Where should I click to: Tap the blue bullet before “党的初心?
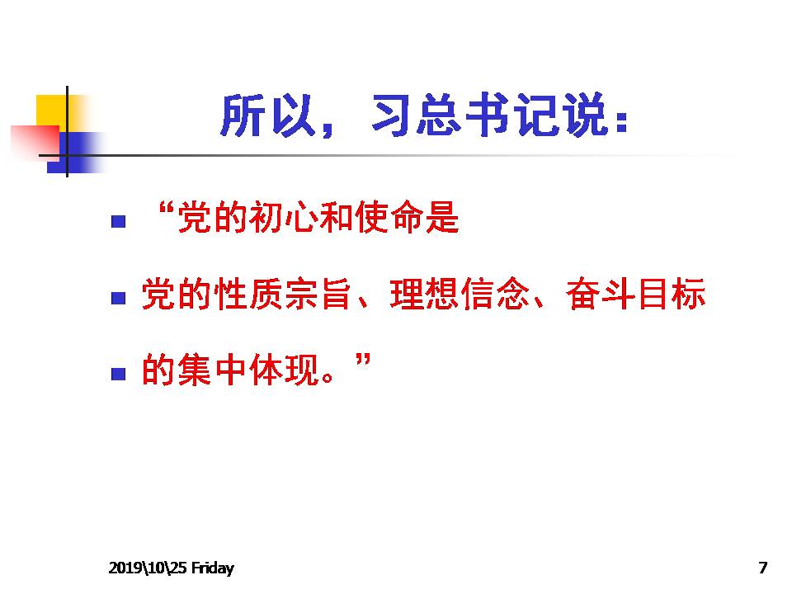[x=118, y=221]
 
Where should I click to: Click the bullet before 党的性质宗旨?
[x=118, y=298]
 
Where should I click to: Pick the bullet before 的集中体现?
[x=118, y=374]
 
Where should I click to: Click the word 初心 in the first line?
[x=284, y=217]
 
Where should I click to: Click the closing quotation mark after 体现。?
[x=363, y=361]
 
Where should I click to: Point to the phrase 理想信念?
[x=460, y=294]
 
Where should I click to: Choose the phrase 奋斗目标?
[x=635, y=294]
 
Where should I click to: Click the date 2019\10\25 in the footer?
[x=148, y=568]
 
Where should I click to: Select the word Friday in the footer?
[x=213, y=568]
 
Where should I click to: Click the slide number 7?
[x=762, y=568]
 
